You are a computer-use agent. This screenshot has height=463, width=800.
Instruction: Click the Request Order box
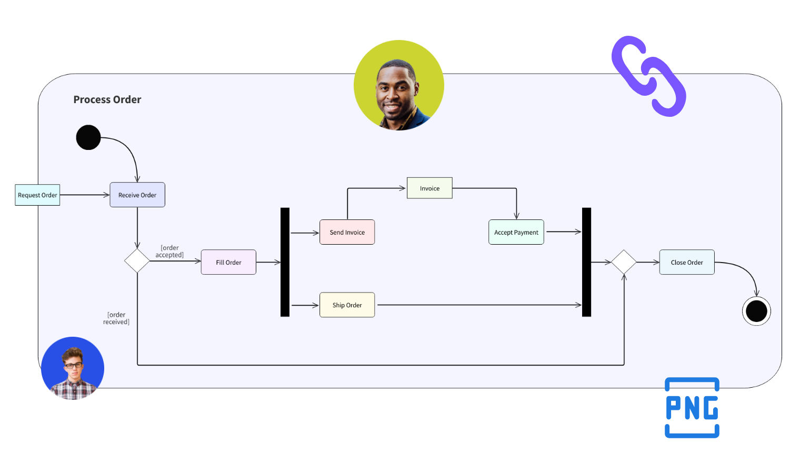[37, 195]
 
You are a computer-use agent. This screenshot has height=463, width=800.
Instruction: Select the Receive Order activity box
[137, 195]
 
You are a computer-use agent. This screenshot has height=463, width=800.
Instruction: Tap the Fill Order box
[228, 262]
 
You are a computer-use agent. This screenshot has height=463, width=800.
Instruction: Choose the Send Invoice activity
[347, 232]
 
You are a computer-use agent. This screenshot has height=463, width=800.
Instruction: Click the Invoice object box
[429, 188]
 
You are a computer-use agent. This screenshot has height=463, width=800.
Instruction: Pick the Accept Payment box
[516, 232]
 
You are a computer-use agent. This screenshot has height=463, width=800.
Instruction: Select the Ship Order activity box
[347, 305]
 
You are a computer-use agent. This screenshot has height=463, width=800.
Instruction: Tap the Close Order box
[687, 262]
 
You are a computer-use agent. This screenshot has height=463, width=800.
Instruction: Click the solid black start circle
[88, 137]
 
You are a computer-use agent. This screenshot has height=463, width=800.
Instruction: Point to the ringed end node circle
[756, 311]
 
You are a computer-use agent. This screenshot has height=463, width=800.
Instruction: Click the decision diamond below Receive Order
[137, 261]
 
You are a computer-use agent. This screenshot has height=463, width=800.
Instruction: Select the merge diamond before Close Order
[624, 262]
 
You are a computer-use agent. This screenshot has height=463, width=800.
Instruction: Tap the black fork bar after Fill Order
[285, 262]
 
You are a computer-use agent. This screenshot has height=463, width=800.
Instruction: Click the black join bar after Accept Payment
[586, 262]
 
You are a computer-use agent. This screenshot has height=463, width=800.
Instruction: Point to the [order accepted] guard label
[169, 251]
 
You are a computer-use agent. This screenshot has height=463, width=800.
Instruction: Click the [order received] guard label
[116, 318]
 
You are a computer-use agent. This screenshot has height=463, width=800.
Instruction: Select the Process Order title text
[107, 99]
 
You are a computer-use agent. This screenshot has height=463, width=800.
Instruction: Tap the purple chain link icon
[648, 76]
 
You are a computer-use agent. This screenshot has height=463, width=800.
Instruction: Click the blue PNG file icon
[692, 408]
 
